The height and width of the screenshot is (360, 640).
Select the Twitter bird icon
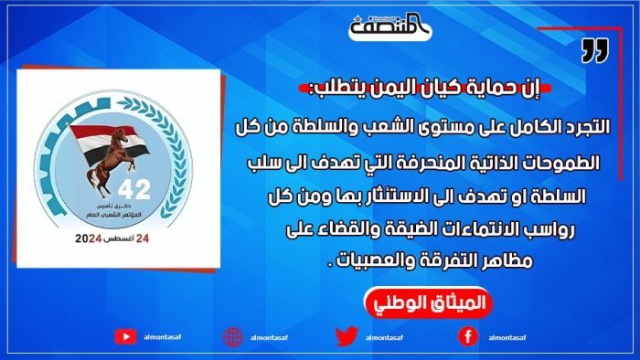(346, 335)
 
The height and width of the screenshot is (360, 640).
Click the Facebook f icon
(466, 335)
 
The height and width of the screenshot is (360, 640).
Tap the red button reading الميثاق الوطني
(427, 302)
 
